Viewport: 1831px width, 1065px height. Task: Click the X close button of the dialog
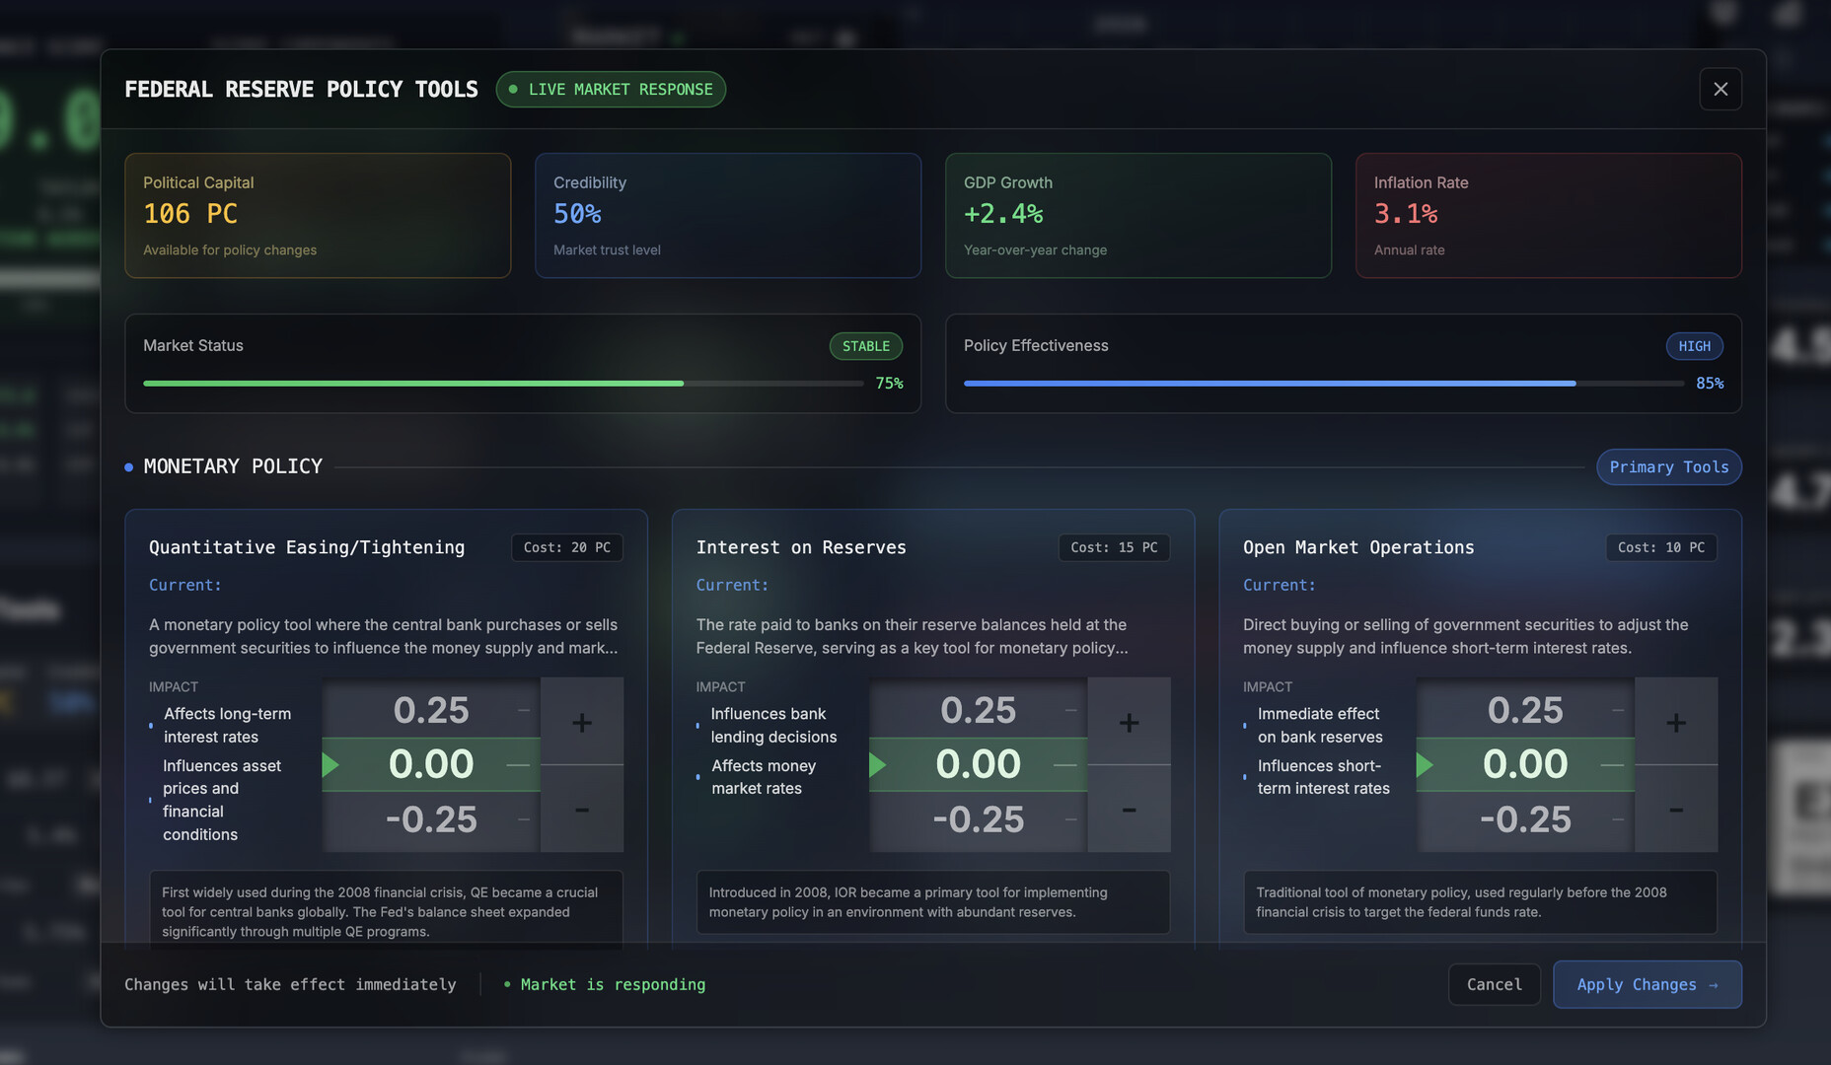pos(1720,90)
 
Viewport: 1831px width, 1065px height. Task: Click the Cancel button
pos(1494,984)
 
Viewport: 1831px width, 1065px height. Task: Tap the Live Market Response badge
pos(611,90)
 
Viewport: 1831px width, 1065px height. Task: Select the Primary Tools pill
pos(1668,467)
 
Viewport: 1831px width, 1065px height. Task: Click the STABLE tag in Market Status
pos(865,346)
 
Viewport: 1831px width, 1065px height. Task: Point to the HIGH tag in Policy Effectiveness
pos(1694,346)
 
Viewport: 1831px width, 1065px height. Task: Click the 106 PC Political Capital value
pos(190,214)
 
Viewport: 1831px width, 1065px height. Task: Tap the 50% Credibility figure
pos(577,214)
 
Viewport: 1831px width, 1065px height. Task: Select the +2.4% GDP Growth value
pos(1002,214)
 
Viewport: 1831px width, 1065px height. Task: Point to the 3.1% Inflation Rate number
pos(1405,214)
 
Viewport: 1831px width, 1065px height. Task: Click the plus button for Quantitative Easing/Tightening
pos(582,722)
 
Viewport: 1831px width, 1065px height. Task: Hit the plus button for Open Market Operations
pos(1675,722)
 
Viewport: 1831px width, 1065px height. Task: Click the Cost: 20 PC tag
pos(566,547)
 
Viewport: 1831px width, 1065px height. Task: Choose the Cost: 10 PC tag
pos(1660,547)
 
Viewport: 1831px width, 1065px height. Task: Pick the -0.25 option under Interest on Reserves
pos(978,819)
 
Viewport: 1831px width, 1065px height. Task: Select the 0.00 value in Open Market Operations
pos(1524,764)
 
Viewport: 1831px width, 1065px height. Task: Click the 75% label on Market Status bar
pos(889,384)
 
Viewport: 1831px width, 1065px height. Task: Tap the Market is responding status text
pos(613,984)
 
